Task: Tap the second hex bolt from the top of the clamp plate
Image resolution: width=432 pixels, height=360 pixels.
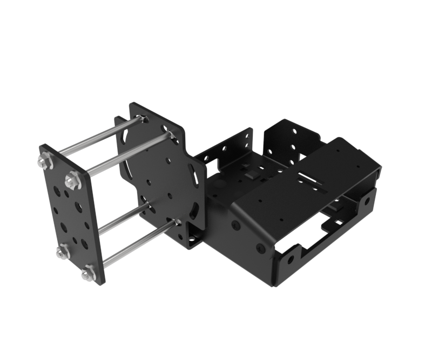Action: (x=72, y=180)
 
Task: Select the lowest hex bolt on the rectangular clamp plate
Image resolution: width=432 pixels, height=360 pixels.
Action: (x=89, y=274)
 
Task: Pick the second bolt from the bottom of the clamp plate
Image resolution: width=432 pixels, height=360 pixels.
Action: (x=63, y=252)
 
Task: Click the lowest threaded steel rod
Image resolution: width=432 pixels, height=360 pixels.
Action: (x=138, y=246)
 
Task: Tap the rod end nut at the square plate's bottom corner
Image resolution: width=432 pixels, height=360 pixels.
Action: (x=177, y=222)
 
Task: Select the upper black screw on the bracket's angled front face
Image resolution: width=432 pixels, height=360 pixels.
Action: (x=236, y=224)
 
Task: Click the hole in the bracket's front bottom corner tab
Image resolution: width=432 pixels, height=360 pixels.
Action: (x=291, y=260)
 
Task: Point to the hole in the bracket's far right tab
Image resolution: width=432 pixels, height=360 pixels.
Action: (x=367, y=202)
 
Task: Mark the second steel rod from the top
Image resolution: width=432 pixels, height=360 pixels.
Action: (x=127, y=154)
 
